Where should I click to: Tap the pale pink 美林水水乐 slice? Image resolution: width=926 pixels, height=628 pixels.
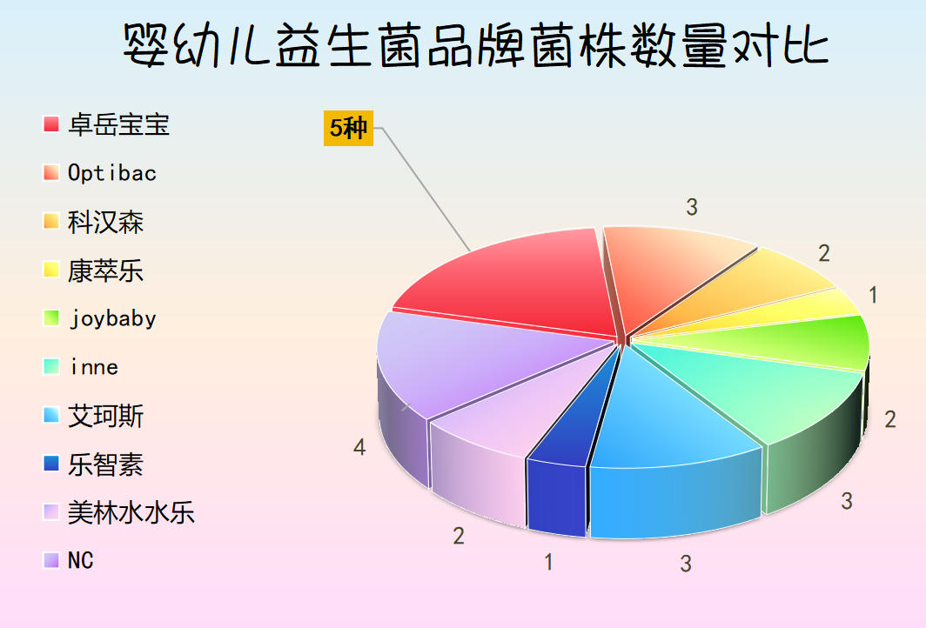pyautogui.click(x=502, y=437)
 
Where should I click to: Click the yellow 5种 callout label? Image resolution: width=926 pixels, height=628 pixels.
pyautogui.click(x=348, y=128)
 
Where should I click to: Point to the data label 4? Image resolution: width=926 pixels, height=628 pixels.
pyautogui.click(x=359, y=447)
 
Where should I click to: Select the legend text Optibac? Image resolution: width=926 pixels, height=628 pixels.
pyautogui.click(x=112, y=173)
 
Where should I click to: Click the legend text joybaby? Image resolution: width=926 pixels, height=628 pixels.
pyautogui.click(x=113, y=318)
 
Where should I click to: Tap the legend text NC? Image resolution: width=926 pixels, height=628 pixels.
pyautogui.click(x=80, y=561)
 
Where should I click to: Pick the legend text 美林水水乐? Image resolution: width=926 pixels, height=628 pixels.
pyautogui.click(x=131, y=512)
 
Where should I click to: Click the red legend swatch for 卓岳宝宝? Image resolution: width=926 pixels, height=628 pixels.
pyautogui.click(x=51, y=124)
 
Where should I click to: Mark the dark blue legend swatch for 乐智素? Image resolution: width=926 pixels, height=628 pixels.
pyautogui.click(x=51, y=464)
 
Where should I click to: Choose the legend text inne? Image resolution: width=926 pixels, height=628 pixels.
pyautogui.click(x=94, y=367)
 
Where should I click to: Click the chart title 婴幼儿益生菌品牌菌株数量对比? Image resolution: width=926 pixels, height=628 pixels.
pyautogui.click(x=476, y=45)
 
